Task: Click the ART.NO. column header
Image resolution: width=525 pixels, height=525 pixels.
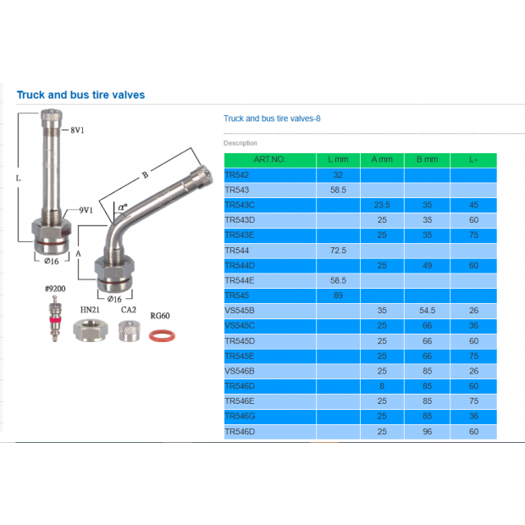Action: click(269, 159)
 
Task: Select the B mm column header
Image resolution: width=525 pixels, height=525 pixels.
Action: click(427, 159)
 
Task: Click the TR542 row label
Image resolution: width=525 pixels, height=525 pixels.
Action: click(237, 174)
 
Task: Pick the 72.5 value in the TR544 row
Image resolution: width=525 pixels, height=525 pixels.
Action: click(338, 251)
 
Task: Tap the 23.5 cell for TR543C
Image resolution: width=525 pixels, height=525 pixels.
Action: click(381, 205)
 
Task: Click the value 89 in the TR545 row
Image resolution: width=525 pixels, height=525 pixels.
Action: click(338, 296)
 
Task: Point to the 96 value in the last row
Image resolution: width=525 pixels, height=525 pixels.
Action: click(427, 431)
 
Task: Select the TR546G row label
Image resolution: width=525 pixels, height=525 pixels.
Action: click(241, 416)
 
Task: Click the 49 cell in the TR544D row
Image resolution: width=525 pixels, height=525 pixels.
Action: click(427, 265)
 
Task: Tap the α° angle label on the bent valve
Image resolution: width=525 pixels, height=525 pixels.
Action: click(123, 207)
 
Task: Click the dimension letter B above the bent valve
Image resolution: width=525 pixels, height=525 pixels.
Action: click(145, 175)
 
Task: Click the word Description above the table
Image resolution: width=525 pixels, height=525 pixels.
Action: click(240, 143)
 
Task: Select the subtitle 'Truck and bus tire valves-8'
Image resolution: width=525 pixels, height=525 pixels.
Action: click(272, 119)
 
